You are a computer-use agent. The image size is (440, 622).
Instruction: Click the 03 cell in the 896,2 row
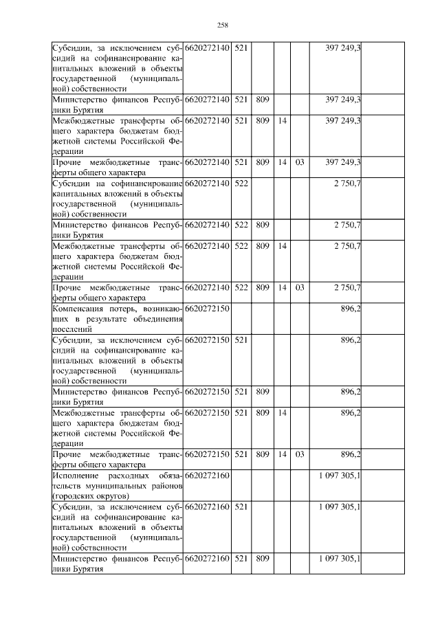point(300,454)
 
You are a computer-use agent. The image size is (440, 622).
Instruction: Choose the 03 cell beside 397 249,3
point(300,162)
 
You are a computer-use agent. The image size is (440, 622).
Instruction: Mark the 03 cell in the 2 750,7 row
point(300,289)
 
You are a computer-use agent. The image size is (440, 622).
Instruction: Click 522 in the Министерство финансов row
point(241,225)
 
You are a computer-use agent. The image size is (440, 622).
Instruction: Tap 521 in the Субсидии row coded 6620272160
point(241,507)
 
